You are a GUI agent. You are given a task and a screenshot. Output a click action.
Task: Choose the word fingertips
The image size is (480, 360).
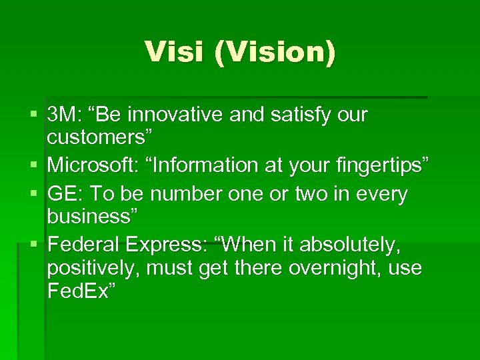[380, 164]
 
